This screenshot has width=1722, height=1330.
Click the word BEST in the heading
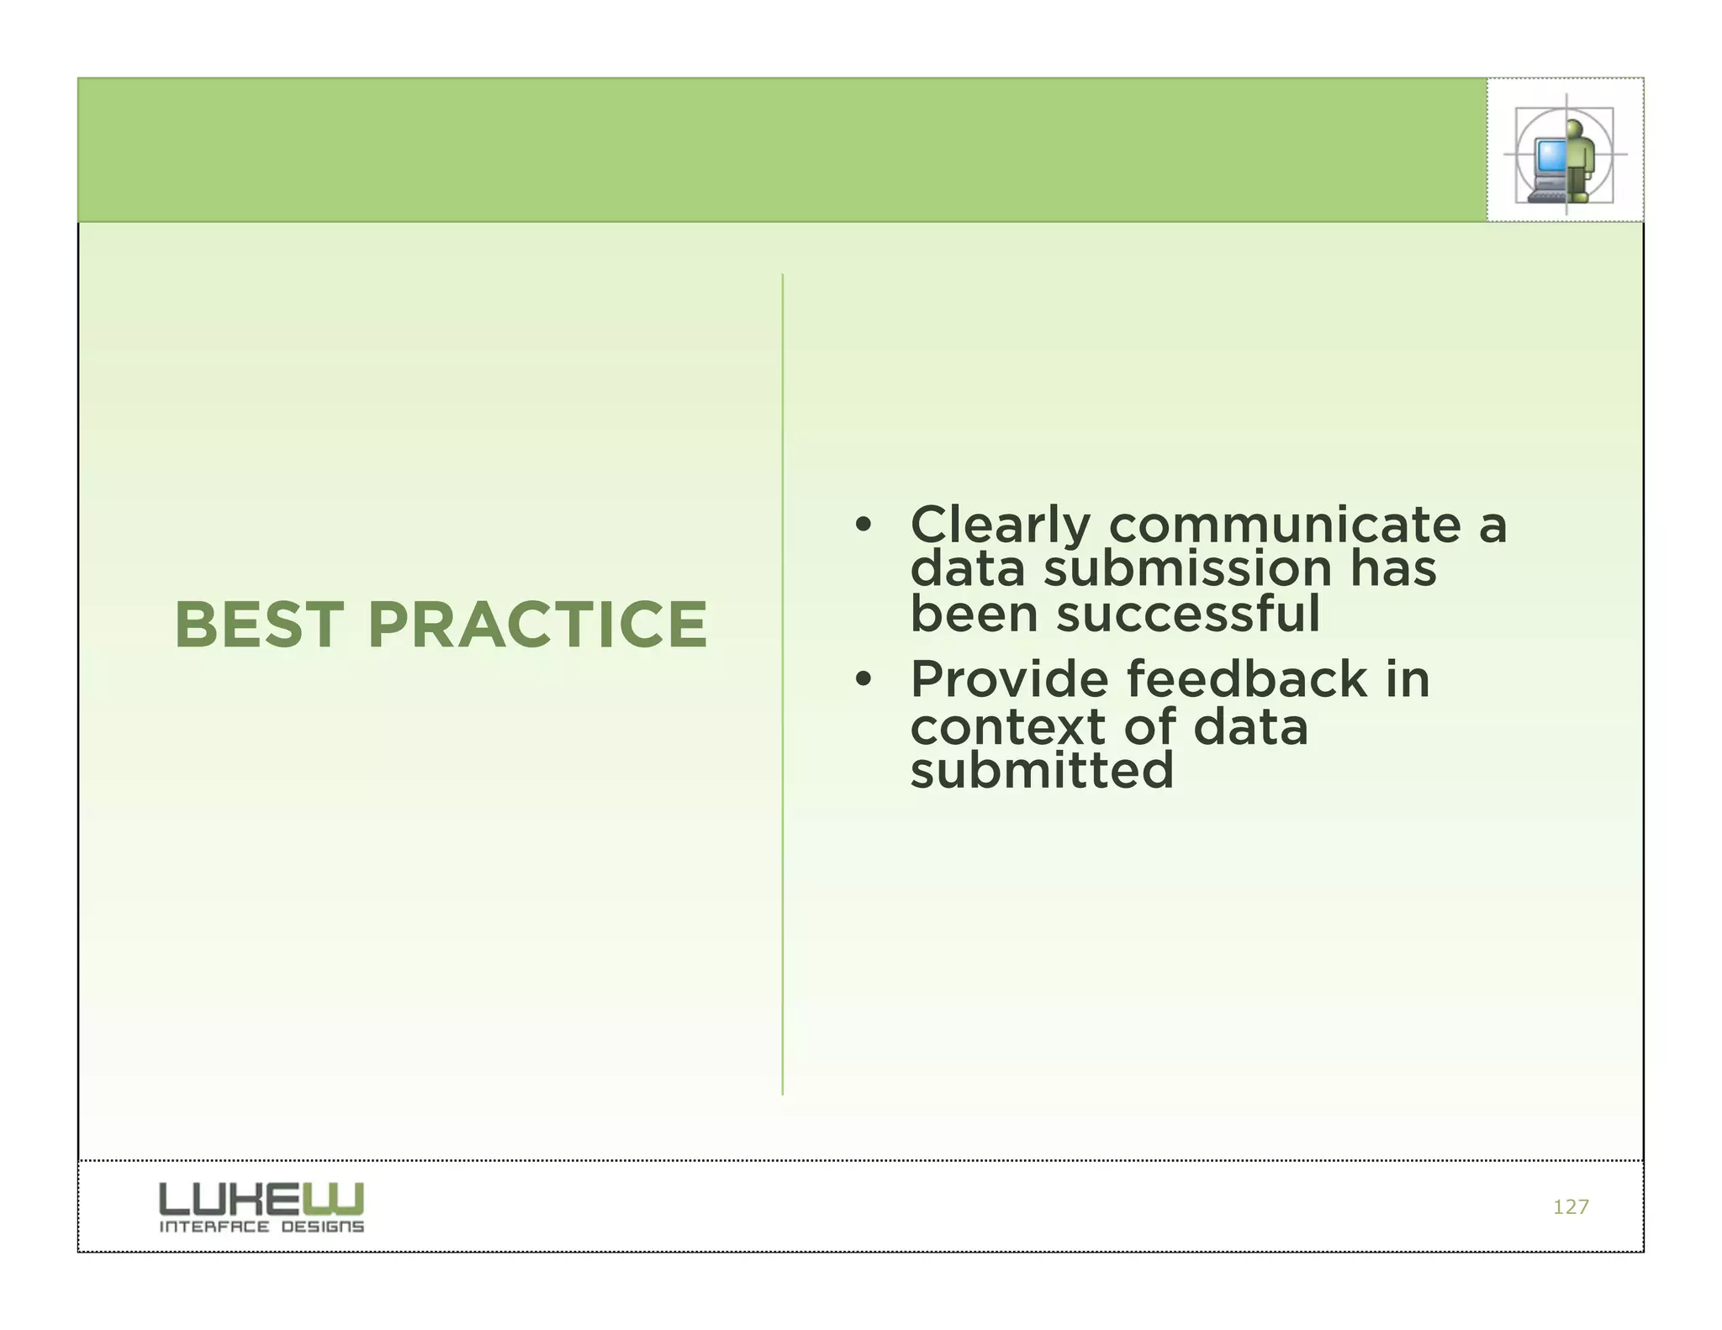259,625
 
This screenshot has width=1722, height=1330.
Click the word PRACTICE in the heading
537,625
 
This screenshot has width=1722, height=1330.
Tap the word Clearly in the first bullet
1000,526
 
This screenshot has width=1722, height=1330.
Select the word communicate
1285,526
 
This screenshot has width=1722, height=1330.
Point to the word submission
1187,570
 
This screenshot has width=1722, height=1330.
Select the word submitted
1041,771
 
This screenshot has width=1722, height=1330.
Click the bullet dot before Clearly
862,526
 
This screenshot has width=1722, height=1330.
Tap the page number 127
1570,1207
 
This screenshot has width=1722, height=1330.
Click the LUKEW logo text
261,1198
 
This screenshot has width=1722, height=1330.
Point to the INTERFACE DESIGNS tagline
261,1227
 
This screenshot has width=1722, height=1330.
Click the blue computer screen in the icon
1549,155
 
